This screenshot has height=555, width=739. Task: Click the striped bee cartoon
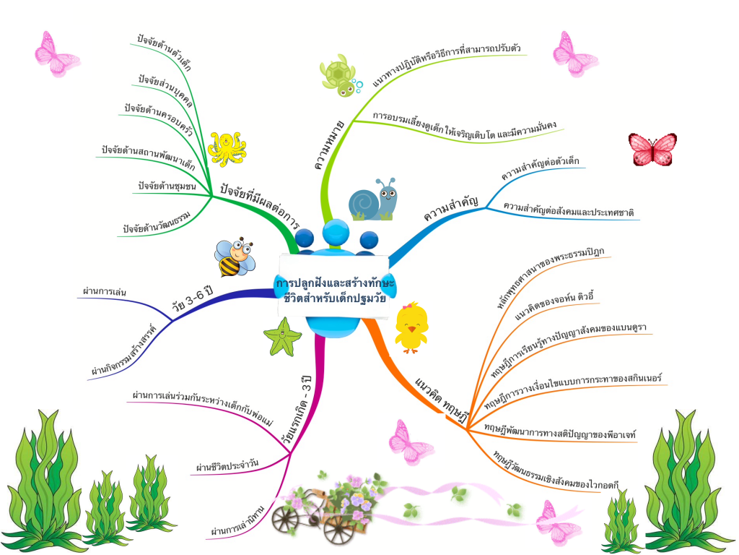(235, 258)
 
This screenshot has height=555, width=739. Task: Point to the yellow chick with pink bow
(411, 326)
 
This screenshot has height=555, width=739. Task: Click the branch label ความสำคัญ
(452, 207)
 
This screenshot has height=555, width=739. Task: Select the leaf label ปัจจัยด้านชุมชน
(167, 186)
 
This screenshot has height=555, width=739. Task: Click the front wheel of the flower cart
(338, 528)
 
